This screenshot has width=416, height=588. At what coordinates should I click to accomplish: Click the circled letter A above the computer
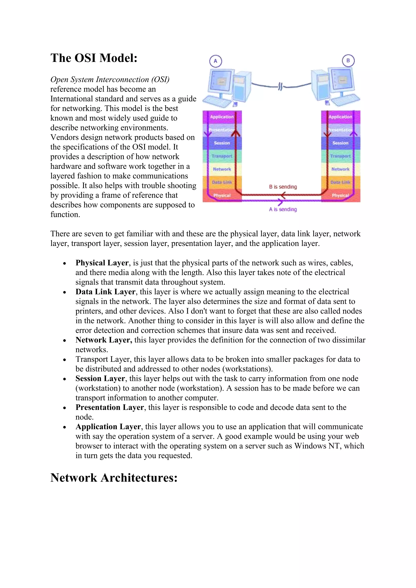click(x=216, y=61)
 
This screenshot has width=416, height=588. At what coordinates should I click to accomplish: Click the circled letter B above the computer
click(x=348, y=61)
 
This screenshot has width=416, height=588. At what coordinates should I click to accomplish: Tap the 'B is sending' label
click(x=283, y=187)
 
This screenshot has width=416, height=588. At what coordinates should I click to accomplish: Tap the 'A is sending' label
click(x=283, y=209)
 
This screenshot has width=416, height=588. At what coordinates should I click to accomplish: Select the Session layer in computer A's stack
click(x=222, y=143)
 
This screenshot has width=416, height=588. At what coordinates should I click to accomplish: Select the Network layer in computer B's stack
click(x=340, y=169)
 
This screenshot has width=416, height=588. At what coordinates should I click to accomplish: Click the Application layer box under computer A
click(x=222, y=117)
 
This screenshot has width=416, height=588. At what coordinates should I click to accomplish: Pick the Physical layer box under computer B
click(x=340, y=195)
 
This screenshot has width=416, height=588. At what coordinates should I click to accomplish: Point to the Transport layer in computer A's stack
click(x=222, y=156)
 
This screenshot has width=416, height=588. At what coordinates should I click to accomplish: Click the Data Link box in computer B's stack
click(x=340, y=182)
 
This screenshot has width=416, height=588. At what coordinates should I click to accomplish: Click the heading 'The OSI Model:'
click(x=94, y=58)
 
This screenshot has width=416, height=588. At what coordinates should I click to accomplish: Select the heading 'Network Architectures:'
click(x=114, y=478)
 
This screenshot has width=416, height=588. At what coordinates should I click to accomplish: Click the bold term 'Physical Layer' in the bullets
click(x=102, y=263)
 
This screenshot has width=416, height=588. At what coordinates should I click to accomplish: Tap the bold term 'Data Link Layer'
click(x=105, y=292)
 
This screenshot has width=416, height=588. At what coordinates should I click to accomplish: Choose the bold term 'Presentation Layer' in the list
click(x=110, y=407)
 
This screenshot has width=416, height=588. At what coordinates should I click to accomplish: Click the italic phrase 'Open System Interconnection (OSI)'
click(x=110, y=79)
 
